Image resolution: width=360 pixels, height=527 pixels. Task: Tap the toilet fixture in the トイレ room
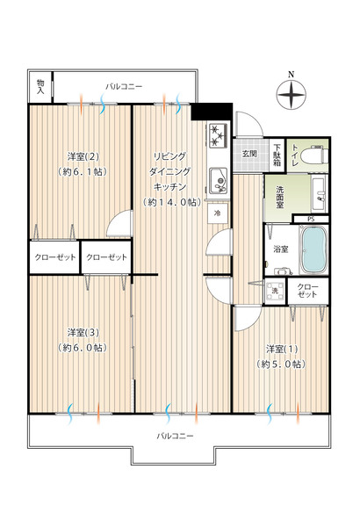click(314, 155)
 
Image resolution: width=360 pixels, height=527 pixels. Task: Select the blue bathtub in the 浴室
click(313, 249)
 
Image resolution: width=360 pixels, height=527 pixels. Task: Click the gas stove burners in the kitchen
click(218, 136)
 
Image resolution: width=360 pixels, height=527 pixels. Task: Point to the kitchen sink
click(218, 181)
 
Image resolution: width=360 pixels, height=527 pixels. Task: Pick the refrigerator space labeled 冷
click(218, 213)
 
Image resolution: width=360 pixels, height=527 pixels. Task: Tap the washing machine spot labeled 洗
click(275, 291)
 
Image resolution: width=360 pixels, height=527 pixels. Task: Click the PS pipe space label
click(311, 220)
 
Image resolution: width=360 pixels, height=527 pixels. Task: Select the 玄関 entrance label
click(249, 154)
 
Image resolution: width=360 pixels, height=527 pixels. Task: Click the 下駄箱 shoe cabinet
click(277, 155)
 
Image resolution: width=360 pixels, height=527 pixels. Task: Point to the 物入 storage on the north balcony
click(40, 87)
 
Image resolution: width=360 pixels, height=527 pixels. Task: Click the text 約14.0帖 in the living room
click(172, 202)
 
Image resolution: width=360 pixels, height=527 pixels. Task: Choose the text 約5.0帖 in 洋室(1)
click(281, 364)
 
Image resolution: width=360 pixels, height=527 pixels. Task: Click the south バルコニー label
click(175, 436)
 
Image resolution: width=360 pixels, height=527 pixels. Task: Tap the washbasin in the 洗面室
click(318, 193)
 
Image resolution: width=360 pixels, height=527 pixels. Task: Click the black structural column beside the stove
click(212, 112)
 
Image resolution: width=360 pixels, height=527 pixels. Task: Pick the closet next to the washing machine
click(307, 291)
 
